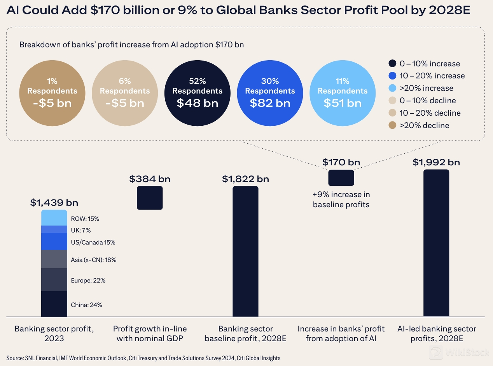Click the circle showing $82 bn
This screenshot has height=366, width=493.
click(270, 92)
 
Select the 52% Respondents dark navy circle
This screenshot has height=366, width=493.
click(198, 92)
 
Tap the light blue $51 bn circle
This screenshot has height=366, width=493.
click(342, 92)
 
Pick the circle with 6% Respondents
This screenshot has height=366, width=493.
click(125, 92)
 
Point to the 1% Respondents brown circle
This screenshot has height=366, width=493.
click(52, 92)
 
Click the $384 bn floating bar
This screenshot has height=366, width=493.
click(150, 198)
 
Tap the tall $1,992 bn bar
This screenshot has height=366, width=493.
click(436, 243)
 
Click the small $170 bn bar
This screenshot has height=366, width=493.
click(341, 178)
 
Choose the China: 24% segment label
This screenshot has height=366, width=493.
click(86, 305)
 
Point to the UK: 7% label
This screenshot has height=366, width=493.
click(80, 230)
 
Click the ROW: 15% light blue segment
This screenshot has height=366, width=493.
click(54, 218)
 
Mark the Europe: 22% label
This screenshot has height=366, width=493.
click(88, 280)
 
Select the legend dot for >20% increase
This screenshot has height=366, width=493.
click(392, 88)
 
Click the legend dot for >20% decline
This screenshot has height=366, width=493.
click(392, 125)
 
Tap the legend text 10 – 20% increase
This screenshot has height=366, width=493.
click(432, 76)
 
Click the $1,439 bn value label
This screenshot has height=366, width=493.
click(54, 203)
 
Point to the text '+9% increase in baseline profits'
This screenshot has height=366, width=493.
click(341, 199)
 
